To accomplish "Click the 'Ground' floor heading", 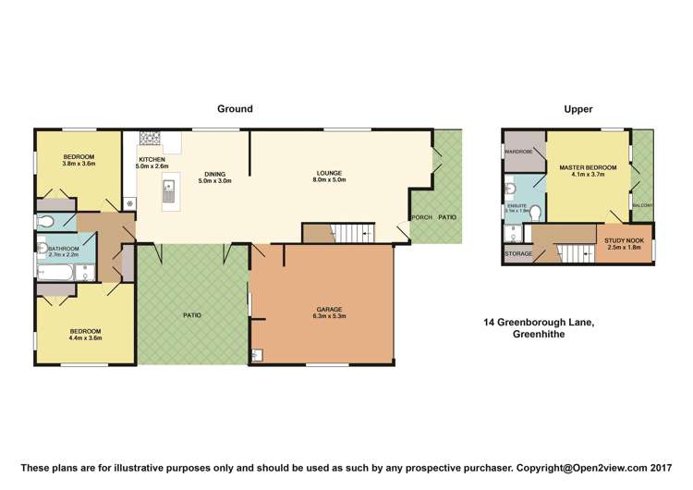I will (235, 109).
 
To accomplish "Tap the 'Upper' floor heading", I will (577, 109).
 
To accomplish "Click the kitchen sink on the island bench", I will (168, 192).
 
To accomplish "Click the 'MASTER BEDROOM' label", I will (587, 167).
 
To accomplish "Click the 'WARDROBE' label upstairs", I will (519, 152).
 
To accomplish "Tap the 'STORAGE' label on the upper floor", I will (517, 253).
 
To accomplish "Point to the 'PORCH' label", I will (421, 217).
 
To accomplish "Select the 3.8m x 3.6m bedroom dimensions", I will (79, 164).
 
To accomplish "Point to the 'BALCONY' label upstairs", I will (642, 205).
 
